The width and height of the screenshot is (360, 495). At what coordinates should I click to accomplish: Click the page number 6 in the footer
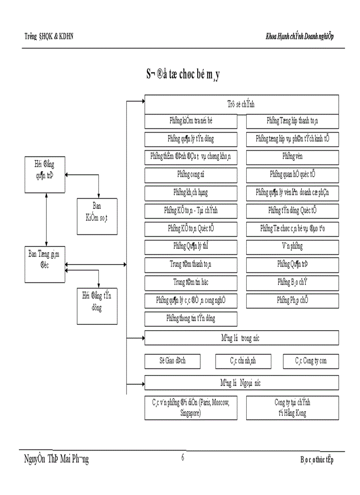(x=183, y=458)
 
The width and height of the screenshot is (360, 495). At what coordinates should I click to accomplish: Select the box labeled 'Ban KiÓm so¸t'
(x=97, y=211)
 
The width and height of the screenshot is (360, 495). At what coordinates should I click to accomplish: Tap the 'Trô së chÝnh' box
(x=241, y=104)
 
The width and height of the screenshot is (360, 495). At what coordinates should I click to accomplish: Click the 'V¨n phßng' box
(x=292, y=246)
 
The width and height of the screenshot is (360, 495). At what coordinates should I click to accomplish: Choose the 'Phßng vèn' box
(x=292, y=156)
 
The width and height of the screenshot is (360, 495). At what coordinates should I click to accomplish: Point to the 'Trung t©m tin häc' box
(x=191, y=283)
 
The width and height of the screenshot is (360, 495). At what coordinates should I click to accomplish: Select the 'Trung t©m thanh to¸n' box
(x=191, y=264)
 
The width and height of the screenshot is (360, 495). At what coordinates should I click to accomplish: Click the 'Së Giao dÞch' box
(x=172, y=361)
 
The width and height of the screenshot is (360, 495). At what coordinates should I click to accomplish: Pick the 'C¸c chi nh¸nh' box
(x=243, y=361)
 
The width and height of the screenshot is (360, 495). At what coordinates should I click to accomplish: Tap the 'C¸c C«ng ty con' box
(x=311, y=361)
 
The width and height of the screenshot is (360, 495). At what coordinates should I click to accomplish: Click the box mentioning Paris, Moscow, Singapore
(x=191, y=408)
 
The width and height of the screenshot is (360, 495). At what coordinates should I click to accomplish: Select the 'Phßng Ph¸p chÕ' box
(x=292, y=301)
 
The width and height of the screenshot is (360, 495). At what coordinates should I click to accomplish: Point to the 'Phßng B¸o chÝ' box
(x=292, y=283)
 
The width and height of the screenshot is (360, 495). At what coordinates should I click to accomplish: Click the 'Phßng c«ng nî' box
(x=191, y=174)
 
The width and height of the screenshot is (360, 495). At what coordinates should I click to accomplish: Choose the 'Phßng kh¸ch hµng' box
(x=191, y=193)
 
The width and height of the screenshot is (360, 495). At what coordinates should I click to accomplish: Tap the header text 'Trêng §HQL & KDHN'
(x=49, y=36)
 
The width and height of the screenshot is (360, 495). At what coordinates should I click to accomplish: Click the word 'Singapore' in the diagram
(x=191, y=413)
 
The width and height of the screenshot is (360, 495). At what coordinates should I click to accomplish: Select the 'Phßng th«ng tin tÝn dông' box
(x=191, y=318)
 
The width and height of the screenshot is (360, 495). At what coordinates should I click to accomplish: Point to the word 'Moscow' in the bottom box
(x=218, y=402)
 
